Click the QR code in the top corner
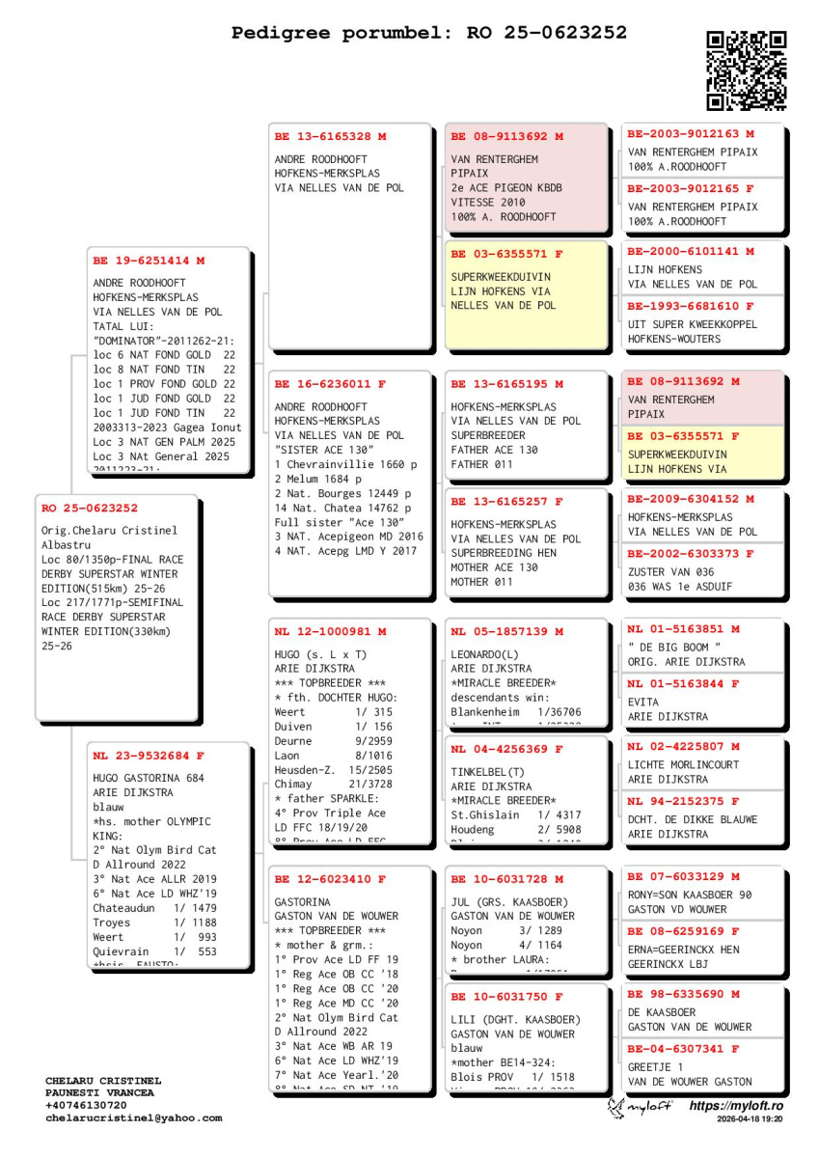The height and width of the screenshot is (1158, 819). click(746, 70)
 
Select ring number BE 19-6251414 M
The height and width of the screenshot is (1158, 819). click(149, 261)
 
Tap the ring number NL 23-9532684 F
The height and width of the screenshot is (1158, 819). click(149, 756)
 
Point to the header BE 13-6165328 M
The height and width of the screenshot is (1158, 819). click(330, 137)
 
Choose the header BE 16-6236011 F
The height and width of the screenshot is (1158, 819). click(330, 384)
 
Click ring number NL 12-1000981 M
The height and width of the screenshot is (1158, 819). click(330, 632)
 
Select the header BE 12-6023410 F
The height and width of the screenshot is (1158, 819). click(330, 880)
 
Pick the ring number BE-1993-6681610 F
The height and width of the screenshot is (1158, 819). click(691, 307)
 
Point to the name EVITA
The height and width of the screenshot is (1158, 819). click(643, 703)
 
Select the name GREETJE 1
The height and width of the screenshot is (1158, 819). click(655, 1067)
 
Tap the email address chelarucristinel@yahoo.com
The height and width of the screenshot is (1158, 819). click(133, 1118)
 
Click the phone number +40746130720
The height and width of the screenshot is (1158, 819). click(86, 1106)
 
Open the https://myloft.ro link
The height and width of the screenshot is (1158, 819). click(735, 1106)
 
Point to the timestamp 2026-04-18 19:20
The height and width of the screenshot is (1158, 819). click(749, 1119)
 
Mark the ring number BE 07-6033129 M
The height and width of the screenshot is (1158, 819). click(684, 877)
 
